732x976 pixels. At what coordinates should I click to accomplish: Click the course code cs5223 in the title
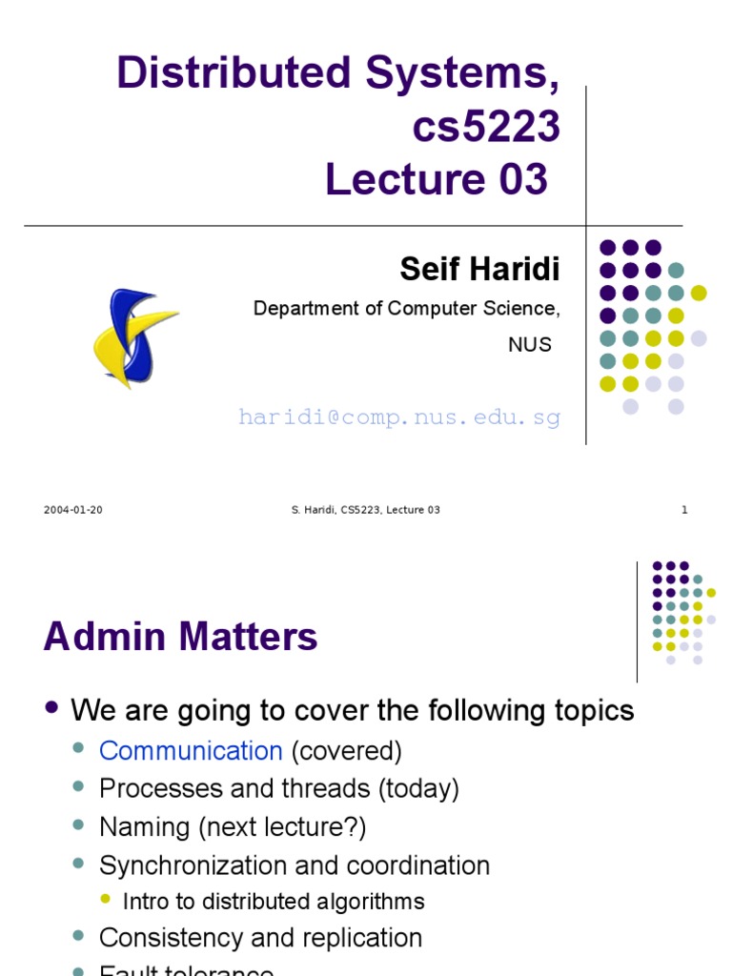(x=486, y=127)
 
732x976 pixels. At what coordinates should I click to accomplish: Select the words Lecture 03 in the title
(x=437, y=179)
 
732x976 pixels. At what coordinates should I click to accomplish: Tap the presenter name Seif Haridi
(x=479, y=270)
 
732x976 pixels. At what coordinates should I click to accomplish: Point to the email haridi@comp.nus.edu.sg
(x=398, y=417)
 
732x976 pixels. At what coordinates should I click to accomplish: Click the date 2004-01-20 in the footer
(x=73, y=510)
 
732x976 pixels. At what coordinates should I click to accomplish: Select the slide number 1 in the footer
(x=684, y=510)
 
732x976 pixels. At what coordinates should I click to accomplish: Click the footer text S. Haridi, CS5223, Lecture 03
(x=365, y=510)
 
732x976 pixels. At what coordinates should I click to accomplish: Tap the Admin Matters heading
(x=180, y=637)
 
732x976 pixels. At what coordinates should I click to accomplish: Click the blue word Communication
(x=191, y=751)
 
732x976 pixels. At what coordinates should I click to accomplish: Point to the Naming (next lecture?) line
(x=233, y=827)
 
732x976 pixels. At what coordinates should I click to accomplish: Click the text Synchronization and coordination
(x=295, y=865)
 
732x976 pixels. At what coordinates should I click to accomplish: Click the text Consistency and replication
(x=260, y=938)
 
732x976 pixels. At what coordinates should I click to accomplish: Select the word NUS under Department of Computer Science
(x=530, y=345)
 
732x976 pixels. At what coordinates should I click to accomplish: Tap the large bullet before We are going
(x=51, y=708)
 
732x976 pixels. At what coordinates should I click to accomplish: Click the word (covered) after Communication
(x=346, y=751)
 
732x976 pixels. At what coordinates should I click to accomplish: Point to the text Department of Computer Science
(x=405, y=309)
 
